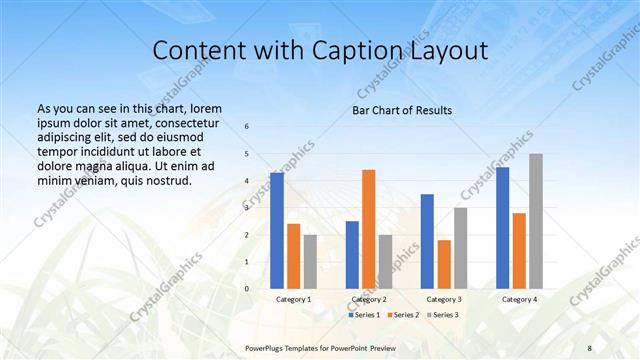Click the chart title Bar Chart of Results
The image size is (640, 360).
402,110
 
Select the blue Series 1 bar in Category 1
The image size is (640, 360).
277,231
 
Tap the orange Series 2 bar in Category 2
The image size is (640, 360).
368,229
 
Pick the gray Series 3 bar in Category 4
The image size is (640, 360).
536,221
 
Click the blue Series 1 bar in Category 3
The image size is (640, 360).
427,241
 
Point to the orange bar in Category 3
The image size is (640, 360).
444,264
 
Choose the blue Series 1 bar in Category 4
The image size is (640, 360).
502,228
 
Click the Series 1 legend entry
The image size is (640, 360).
364,315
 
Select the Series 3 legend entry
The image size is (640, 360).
444,315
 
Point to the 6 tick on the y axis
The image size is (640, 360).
247,126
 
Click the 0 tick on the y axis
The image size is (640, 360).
247,289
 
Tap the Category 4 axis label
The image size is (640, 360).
519,299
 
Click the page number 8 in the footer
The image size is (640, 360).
589,347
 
